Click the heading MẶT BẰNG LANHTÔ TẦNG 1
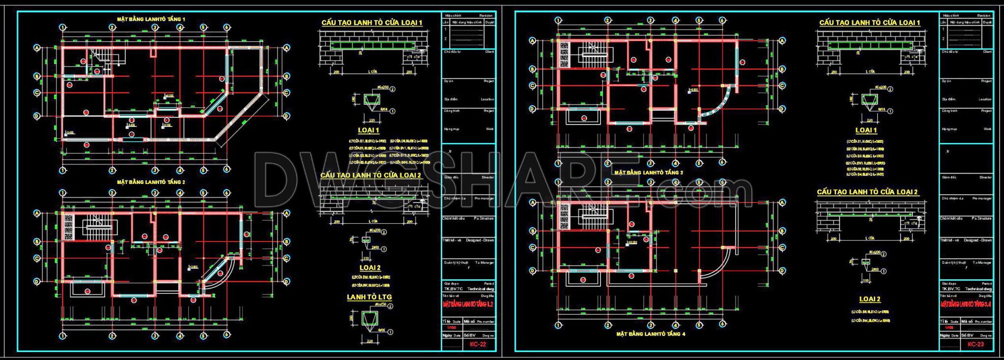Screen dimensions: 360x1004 tap(151, 19)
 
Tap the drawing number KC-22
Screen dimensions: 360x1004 tap(477, 344)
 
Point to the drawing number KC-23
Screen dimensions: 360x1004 tap(976, 344)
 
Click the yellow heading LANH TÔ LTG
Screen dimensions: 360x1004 tap(369, 297)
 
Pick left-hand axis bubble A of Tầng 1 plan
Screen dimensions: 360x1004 tap(37, 48)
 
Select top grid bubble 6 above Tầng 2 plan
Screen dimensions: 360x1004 tap(226, 193)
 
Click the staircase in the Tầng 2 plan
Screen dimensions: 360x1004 tap(100, 227)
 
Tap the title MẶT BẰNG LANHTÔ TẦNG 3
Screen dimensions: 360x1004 tap(648, 173)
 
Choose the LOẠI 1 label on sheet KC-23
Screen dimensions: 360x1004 tap(866, 130)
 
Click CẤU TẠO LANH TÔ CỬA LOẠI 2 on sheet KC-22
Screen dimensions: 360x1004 tap(371, 175)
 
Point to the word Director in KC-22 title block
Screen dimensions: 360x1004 tap(488, 177)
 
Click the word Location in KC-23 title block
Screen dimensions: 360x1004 tap(985, 99)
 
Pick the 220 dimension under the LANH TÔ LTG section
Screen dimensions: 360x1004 tap(370, 341)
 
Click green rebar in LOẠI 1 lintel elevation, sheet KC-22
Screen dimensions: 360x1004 tap(371, 46)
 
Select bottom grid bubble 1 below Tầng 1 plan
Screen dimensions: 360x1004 tap(62, 170)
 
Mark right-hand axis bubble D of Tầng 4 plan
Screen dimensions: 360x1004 tap(782, 271)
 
